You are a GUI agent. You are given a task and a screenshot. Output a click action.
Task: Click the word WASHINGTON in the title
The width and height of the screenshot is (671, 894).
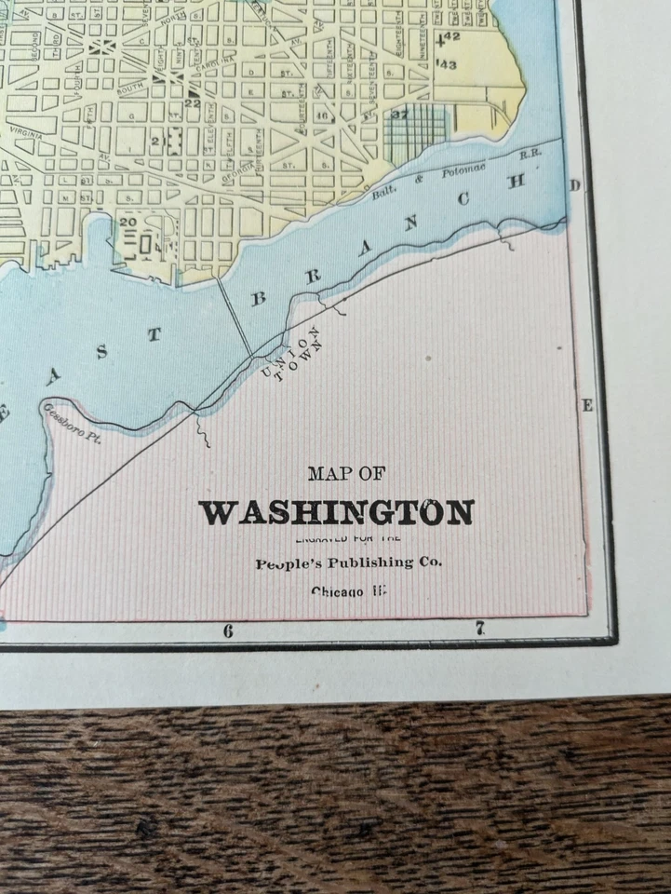pos(336,513)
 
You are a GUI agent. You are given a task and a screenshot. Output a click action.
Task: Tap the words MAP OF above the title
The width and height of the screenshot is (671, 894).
pos(345,474)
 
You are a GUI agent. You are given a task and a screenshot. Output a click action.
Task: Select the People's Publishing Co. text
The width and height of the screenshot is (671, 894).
pos(349,562)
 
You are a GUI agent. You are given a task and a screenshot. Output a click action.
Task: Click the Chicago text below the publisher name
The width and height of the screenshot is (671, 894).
pos(349,591)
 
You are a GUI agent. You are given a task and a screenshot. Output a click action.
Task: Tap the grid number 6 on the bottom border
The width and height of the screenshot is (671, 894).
pos(227,630)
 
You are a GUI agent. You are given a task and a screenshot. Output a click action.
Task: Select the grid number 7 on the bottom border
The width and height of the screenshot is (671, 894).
pos(480,630)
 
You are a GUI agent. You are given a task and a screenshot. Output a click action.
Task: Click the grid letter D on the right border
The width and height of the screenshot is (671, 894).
pos(574,186)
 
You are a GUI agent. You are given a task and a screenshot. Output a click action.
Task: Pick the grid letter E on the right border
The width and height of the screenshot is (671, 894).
pos(587,405)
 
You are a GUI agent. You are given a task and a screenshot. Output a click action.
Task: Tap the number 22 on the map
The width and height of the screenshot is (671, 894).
pos(193,103)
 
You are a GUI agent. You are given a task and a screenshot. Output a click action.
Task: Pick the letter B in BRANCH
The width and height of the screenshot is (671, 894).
pos(260,299)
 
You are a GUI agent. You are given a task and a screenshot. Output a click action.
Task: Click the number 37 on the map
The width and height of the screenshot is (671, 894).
pos(400,115)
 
